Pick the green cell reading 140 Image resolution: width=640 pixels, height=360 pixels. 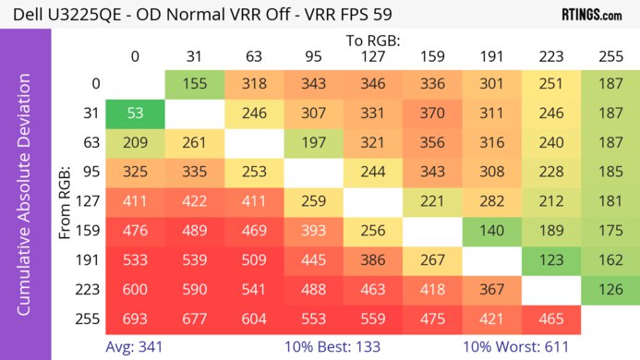point(492,230)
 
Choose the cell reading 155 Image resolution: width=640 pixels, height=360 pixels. point(195,84)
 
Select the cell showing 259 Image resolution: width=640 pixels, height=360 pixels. point(314,201)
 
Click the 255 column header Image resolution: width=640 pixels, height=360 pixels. point(610,55)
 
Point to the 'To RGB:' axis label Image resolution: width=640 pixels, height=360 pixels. point(373,41)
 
